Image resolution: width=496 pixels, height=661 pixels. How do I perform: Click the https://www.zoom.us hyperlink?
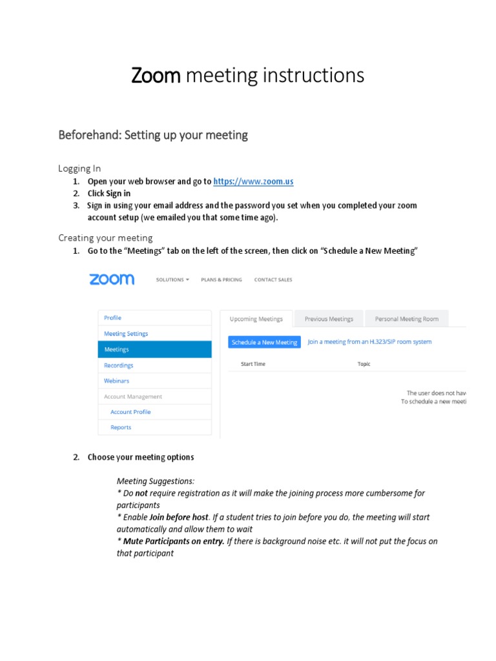(253, 181)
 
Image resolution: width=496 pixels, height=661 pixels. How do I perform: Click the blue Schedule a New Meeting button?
(264, 342)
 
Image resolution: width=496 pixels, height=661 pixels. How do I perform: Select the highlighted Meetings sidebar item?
(154, 349)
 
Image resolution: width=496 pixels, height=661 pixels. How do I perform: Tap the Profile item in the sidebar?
(112, 318)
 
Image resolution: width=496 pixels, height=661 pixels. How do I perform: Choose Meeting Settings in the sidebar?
(126, 334)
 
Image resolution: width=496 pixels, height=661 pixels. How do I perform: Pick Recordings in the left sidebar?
(119, 365)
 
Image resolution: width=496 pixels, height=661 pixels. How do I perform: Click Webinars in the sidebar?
(117, 381)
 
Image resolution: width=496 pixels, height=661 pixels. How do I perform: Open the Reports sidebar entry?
(121, 427)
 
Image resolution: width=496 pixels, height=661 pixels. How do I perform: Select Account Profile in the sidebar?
(130, 412)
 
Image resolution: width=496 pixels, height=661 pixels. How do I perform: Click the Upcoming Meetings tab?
(256, 319)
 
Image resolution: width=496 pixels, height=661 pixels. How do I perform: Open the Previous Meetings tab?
(329, 319)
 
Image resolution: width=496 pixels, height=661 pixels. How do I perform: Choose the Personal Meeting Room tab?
(407, 319)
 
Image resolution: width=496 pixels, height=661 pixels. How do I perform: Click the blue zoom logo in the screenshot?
(112, 279)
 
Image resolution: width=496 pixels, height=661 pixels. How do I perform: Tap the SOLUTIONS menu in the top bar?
(172, 280)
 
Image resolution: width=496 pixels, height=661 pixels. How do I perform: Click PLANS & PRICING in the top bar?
(222, 280)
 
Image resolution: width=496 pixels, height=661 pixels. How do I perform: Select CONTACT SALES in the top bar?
(273, 280)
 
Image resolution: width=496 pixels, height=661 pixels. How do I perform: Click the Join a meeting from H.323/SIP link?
(369, 341)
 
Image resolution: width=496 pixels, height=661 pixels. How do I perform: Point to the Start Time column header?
(253, 364)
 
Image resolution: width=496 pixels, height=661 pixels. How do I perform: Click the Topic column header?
(364, 364)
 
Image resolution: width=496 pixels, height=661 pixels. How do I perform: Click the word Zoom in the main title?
(156, 76)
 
